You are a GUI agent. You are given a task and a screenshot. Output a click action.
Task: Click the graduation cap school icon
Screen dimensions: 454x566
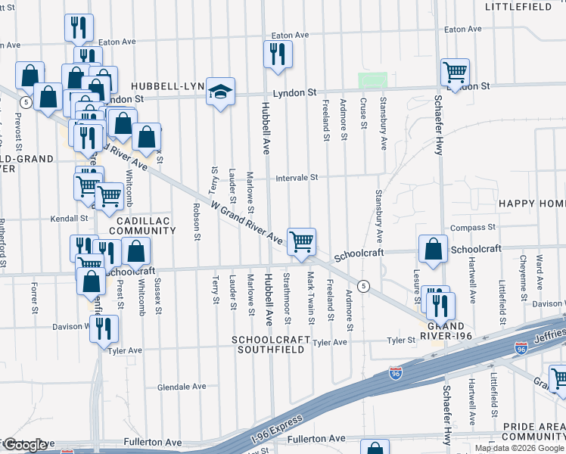220,92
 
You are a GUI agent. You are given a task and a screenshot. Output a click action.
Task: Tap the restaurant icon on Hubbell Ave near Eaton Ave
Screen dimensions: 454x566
278,54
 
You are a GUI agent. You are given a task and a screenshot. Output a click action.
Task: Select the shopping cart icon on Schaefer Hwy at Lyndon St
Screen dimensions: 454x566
455,73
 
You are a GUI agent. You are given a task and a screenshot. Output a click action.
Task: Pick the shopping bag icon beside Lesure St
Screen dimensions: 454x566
432,250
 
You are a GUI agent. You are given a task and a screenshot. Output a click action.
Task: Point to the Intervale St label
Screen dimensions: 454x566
297,178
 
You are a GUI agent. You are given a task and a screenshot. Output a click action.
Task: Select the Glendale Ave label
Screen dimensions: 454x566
182,387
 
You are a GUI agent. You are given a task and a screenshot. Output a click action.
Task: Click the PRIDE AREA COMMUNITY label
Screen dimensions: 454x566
533,432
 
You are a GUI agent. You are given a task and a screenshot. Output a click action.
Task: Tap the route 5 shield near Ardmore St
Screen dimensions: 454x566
364,285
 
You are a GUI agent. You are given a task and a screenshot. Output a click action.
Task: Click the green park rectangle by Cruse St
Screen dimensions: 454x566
372,79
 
